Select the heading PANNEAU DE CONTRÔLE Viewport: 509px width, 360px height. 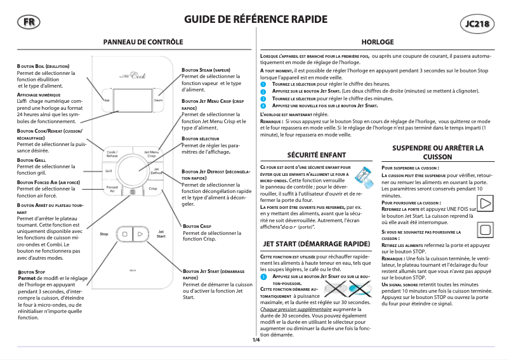point(147,41)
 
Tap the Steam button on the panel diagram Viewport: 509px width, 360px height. point(158,100)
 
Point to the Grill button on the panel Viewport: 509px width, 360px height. point(109,171)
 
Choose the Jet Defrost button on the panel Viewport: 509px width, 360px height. point(155,171)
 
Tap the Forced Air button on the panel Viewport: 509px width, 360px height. point(112,189)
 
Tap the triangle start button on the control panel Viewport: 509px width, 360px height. point(140,234)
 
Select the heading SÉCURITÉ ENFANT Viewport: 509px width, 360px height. point(308,154)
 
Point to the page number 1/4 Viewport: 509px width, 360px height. point(256,340)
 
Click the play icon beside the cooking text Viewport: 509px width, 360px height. point(486,204)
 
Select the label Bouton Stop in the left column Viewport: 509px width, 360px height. point(32,271)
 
